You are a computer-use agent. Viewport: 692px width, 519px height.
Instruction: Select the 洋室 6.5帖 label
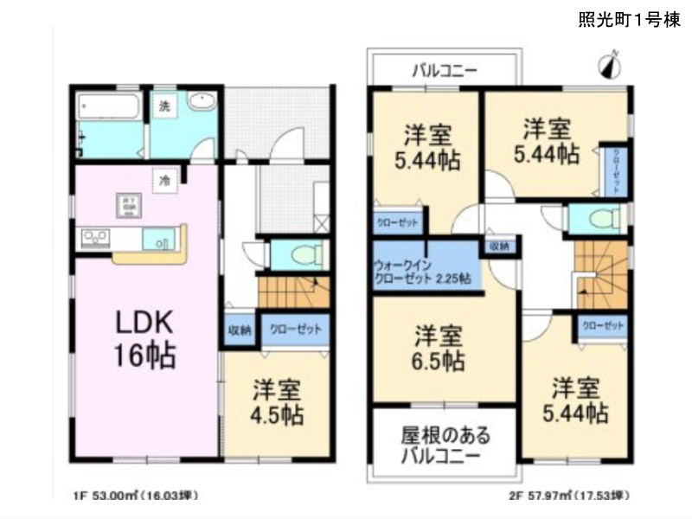[x=438, y=346]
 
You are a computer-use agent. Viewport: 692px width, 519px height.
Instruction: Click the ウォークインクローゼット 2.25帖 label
[x=422, y=272]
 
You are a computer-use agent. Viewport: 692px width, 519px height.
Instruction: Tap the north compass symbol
[x=612, y=65]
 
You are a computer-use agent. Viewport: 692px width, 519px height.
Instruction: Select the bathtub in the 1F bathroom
[x=109, y=111]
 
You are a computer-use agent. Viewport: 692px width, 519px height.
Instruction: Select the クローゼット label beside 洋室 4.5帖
[x=295, y=330]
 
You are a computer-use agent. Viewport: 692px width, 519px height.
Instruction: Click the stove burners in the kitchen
[x=93, y=235]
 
